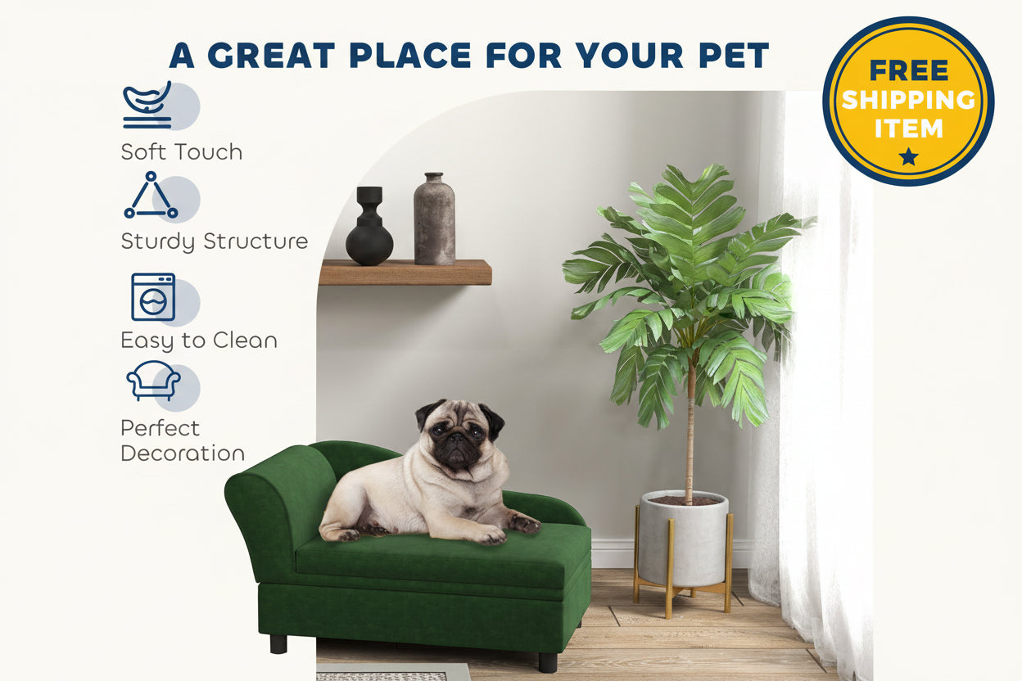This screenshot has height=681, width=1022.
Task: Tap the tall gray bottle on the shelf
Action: click(x=434, y=219)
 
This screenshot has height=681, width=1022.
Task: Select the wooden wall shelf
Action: click(x=405, y=272)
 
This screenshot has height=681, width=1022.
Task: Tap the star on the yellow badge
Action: click(x=908, y=156)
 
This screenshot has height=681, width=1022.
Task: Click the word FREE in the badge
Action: click(x=908, y=70)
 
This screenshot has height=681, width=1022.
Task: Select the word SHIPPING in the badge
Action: click(x=908, y=99)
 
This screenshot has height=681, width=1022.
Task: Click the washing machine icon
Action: click(x=153, y=297)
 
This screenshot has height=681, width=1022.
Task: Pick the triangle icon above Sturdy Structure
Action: click(x=151, y=196)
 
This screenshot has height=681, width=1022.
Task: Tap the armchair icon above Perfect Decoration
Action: click(x=153, y=381)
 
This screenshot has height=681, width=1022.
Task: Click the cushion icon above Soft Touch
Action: click(x=148, y=106)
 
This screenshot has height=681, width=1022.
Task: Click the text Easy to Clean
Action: click(x=199, y=340)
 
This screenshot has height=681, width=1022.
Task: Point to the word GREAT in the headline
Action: click(x=271, y=56)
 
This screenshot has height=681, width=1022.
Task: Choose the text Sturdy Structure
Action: click(x=215, y=241)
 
